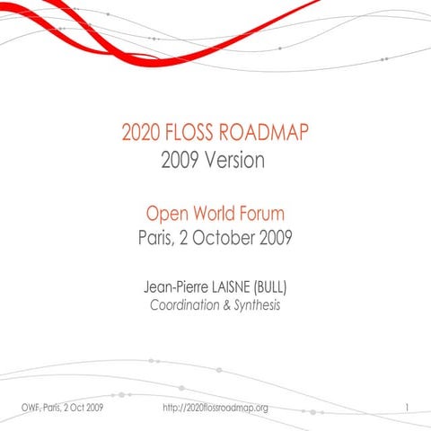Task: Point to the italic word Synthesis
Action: [x=258, y=306]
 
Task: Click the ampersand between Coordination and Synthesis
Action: [x=228, y=306]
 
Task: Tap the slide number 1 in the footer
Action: [x=407, y=409]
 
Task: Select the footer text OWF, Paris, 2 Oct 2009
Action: [x=60, y=409]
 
